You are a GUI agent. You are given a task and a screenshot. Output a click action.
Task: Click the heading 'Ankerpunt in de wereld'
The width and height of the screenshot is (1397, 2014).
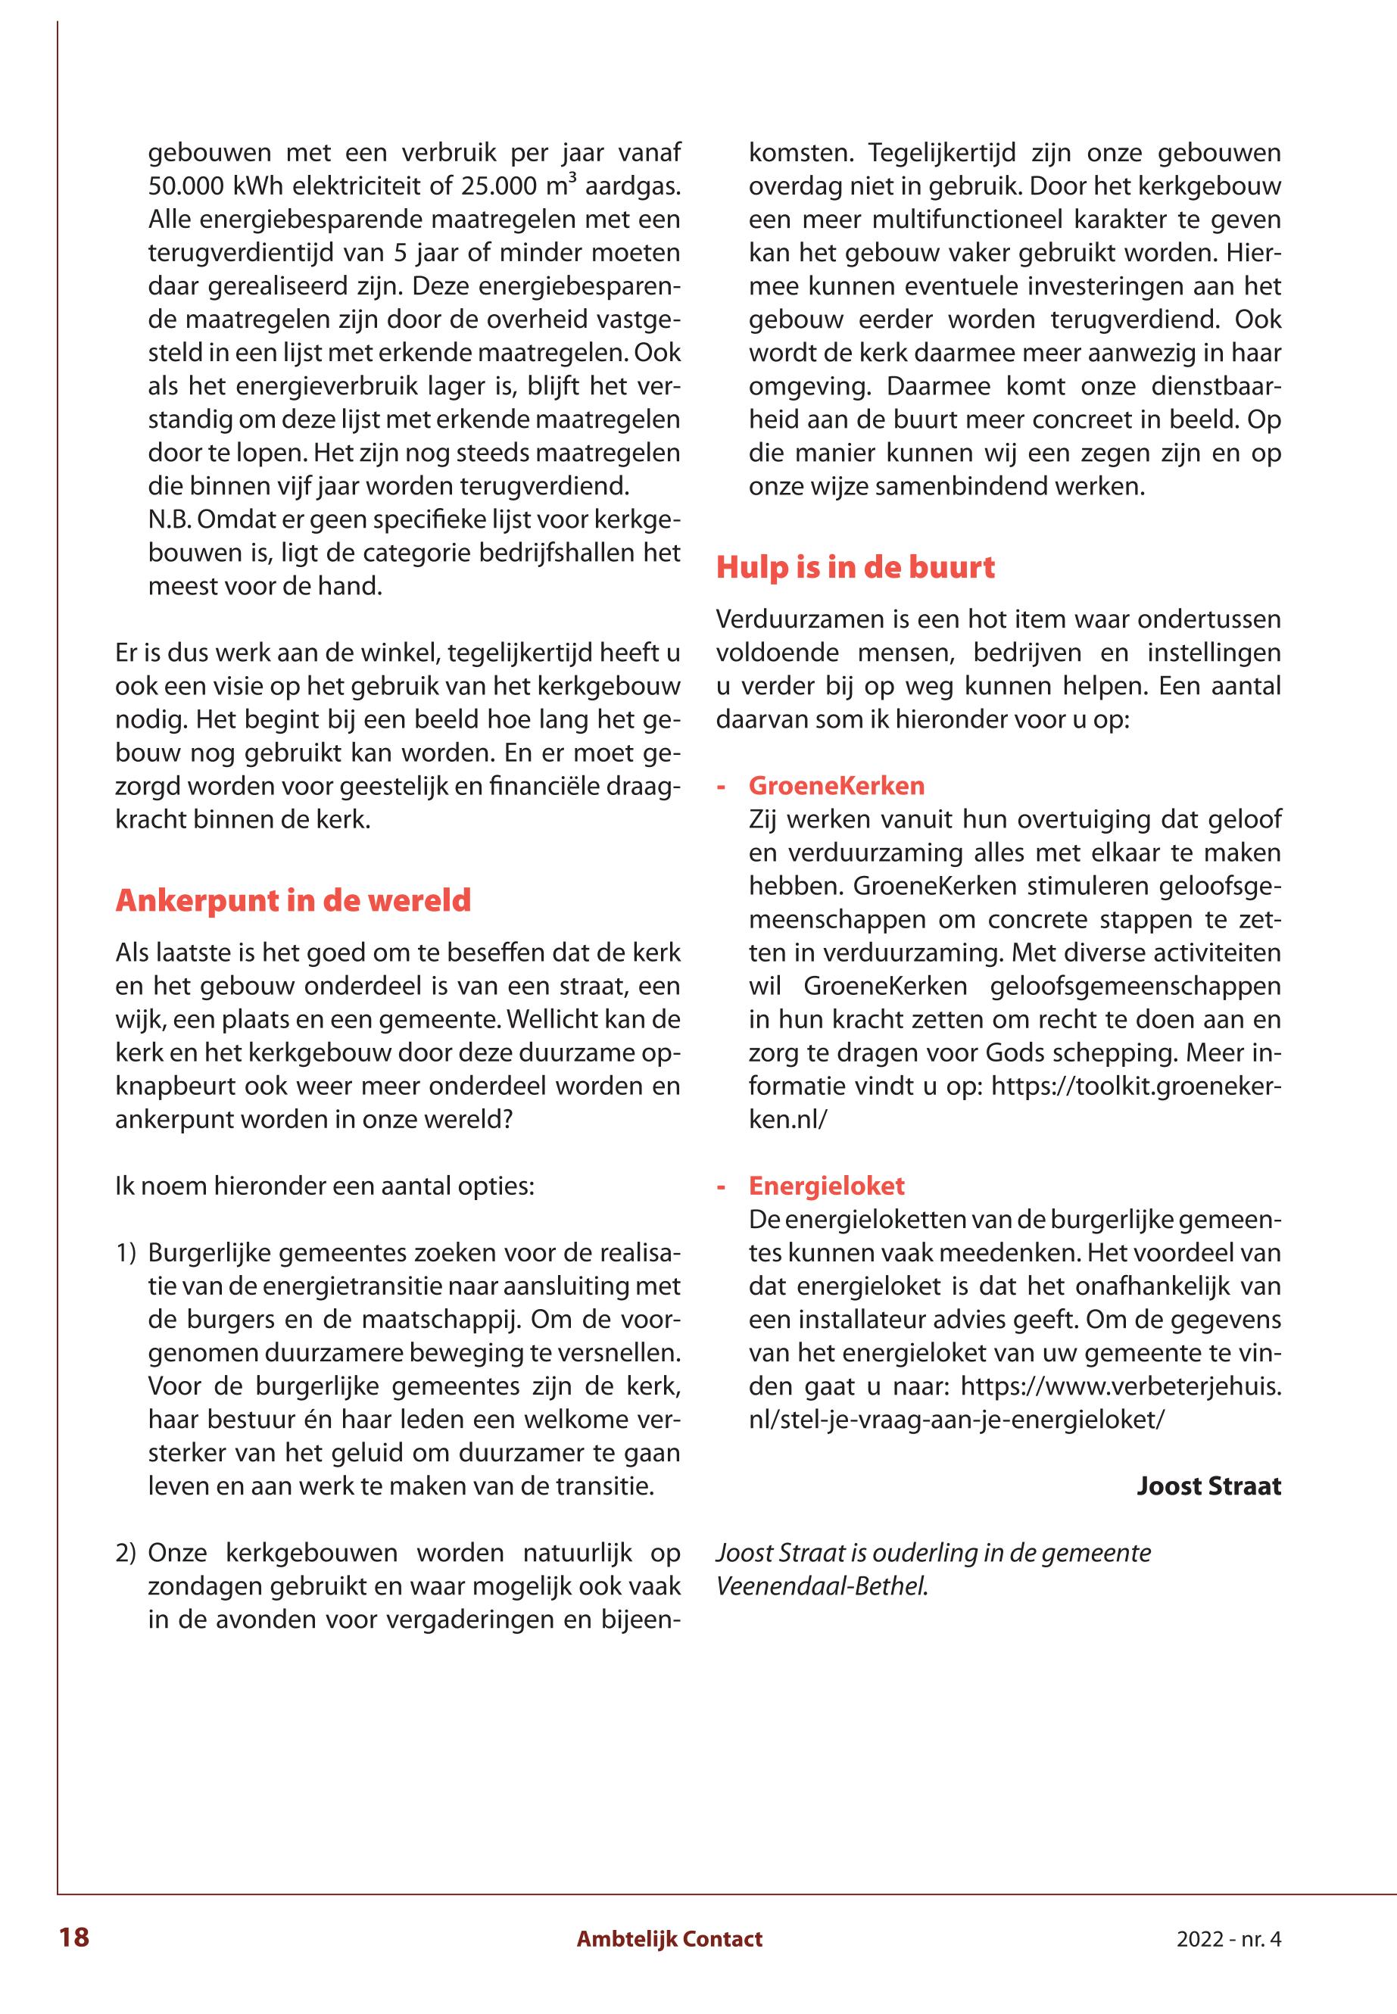coord(293,901)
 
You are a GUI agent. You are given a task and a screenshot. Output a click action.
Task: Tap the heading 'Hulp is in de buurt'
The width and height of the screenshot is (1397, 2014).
coord(855,567)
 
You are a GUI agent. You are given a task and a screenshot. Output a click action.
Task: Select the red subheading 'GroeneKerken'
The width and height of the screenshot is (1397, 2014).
coord(837,785)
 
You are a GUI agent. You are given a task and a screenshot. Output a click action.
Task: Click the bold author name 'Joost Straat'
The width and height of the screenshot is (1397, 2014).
coord(1208,1486)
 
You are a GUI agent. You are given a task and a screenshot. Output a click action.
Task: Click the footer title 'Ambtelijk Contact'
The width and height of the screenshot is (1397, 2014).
coord(669,1939)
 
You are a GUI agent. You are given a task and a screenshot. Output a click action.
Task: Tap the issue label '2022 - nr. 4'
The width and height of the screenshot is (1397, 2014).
coord(1228,1939)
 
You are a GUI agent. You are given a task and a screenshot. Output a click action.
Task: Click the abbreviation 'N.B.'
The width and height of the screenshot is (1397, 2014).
coord(170,520)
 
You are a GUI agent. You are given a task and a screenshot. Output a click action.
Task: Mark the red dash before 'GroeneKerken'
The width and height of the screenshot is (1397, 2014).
coord(722,785)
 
